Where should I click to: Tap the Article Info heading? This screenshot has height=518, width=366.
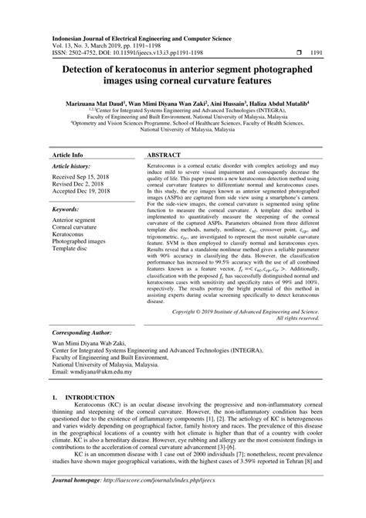tap(69, 134)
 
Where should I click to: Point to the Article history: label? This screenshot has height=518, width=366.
tap(71, 145)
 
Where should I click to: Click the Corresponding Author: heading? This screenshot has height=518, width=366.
tap(86, 330)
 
